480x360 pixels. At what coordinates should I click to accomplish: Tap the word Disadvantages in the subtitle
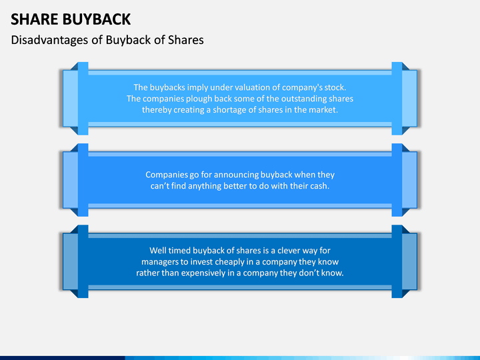pyautogui.click(x=49, y=39)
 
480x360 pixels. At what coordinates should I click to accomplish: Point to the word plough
pyautogui.click(x=202, y=99)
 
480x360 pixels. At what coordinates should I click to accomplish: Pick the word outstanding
pyautogui.click(x=299, y=99)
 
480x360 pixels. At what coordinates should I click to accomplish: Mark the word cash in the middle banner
pyautogui.click(x=319, y=186)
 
